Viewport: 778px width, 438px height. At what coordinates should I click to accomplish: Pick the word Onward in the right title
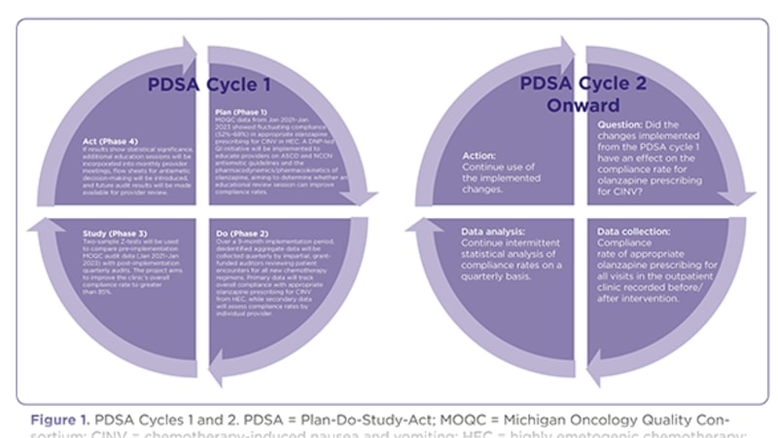point(583,104)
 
